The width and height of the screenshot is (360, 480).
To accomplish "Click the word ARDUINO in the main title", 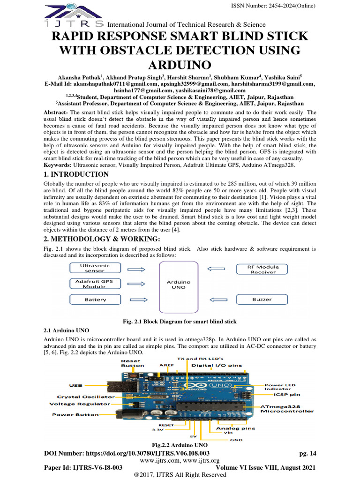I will (180, 64).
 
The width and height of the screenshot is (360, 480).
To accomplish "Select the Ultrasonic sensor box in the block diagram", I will (95, 268).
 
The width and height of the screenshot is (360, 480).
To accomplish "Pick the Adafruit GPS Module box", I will (95, 284).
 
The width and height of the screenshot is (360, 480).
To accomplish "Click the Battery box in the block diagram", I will (95, 300).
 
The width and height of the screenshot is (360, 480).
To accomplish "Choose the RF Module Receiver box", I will (263, 269).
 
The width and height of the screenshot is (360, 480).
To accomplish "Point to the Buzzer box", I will (262, 300).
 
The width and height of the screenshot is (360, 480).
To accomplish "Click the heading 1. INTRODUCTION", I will (76, 174).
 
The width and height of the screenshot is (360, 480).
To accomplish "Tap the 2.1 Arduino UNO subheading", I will (65, 330).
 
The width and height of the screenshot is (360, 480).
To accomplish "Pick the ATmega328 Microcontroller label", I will (287, 409).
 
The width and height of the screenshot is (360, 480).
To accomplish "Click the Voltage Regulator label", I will (80, 404).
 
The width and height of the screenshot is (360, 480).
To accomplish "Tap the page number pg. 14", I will (307, 453).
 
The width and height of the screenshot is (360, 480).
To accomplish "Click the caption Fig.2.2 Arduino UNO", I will (180, 444).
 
